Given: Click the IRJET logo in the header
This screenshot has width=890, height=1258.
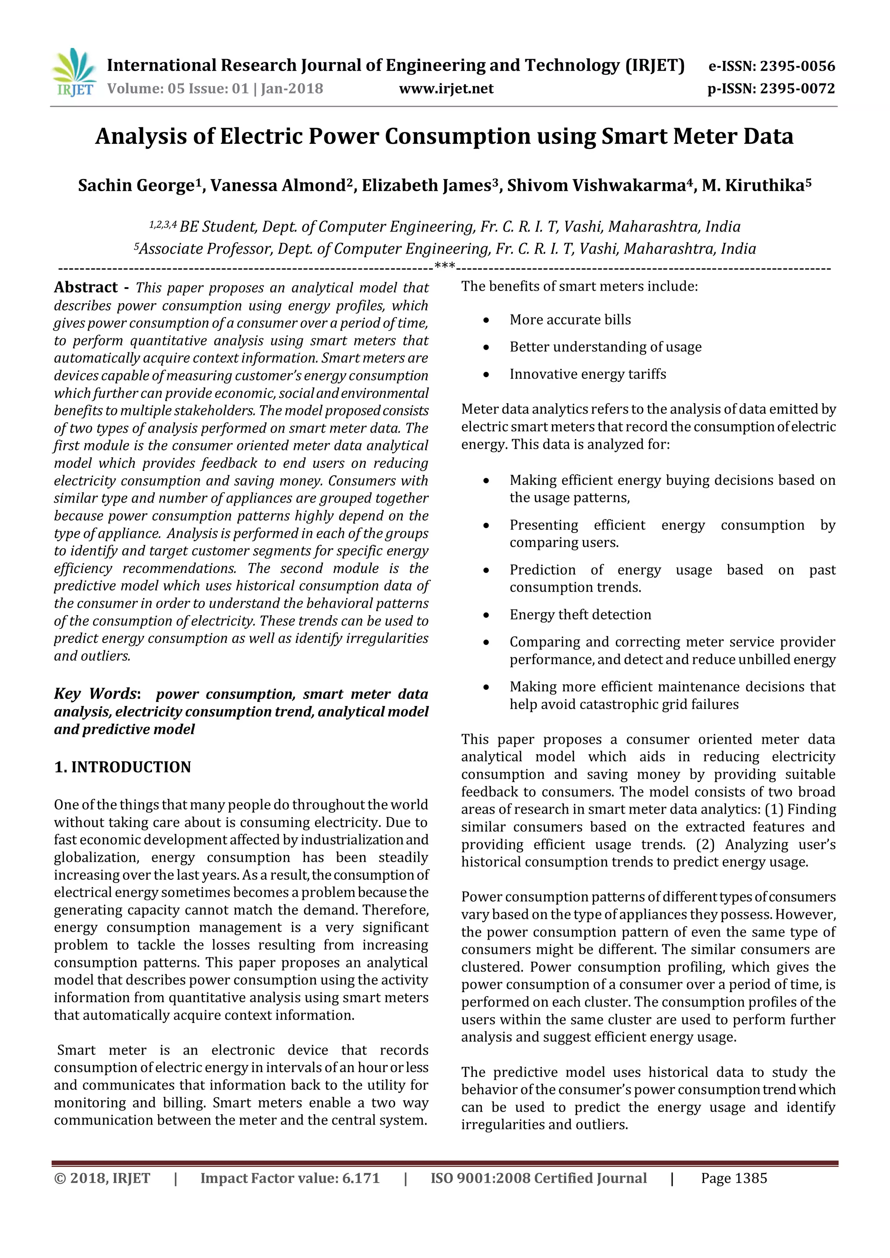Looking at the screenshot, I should [74, 72].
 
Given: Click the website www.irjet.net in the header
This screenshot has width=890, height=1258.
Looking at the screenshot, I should [446, 89].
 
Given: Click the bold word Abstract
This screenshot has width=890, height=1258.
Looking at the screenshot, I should [86, 287].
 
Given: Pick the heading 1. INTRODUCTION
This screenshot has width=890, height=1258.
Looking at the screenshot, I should [122, 767].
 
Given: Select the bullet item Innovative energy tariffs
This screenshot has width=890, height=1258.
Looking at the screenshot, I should [588, 374].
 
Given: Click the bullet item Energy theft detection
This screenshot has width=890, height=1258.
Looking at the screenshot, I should [580, 614].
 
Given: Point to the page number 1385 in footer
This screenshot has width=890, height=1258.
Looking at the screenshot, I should [750, 1178].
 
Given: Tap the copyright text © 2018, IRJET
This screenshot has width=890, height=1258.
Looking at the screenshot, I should [102, 1178].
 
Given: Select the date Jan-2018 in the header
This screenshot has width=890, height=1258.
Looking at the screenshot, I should [292, 89].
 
